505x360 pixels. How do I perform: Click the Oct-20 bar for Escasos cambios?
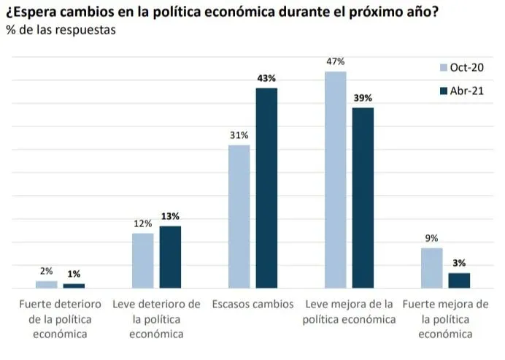pyautogui.click(x=239, y=216)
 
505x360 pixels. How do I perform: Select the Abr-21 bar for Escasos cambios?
pyautogui.click(x=266, y=188)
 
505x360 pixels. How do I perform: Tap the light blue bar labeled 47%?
pyautogui.click(x=336, y=179)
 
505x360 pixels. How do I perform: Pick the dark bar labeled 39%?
pyautogui.click(x=363, y=197)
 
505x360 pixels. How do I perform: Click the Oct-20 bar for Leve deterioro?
pyautogui.click(x=143, y=260)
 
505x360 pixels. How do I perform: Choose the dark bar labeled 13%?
pyautogui.click(x=170, y=256)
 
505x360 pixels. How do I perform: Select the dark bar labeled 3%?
pyautogui.click(x=459, y=280)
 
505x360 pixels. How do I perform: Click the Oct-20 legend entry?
pyautogui.click(x=462, y=68)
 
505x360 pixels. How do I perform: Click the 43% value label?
pyautogui.click(x=266, y=78)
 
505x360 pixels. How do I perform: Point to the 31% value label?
pyautogui.click(x=239, y=135)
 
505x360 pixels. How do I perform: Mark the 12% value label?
pyautogui.click(x=143, y=223)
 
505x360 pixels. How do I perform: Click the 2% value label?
pyautogui.click(x=46, y=271)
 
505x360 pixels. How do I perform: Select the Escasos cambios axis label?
pyautogui.click(x=252, y=304)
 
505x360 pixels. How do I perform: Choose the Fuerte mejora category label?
pyautogui.click(x=445, y=318)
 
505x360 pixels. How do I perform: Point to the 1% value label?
pyautogui.click(x=74, y=274)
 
